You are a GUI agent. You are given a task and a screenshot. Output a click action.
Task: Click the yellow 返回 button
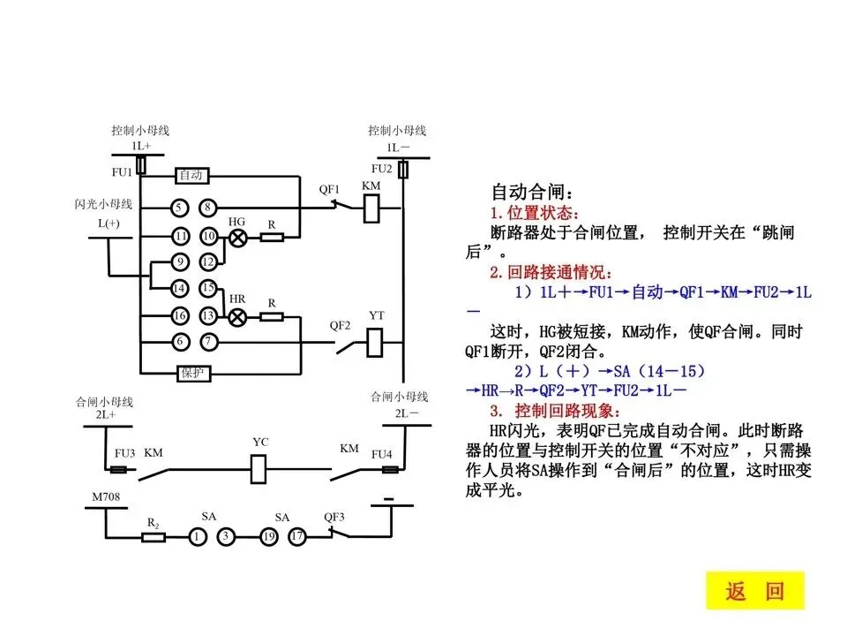(x=755, y=591)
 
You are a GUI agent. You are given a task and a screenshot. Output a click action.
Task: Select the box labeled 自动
(x=192, y=176)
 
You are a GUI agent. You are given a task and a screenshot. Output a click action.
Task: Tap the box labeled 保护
(x=192, y=373)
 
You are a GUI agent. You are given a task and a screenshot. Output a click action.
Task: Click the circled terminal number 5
(x=179, y=208)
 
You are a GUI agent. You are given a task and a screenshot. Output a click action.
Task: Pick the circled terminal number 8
(x=207, y=208)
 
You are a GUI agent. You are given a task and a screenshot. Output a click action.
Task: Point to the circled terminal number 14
(x=179, y=288)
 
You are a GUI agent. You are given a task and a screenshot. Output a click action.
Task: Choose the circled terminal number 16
(x=179, y=316)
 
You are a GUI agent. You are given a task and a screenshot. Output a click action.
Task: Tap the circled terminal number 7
(x=207, y=342)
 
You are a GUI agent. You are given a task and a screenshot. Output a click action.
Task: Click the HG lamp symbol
(x=236, y=237)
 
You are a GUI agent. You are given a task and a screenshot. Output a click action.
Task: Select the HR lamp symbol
(x=236, y=316)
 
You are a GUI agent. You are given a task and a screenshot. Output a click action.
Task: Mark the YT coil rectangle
(x=375, y=340)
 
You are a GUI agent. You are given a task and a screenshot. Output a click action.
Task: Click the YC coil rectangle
(x=259, y=468)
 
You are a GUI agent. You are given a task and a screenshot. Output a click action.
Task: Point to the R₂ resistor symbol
(x=154, y=536)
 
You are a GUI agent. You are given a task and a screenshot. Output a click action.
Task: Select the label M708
(x=107, y=499)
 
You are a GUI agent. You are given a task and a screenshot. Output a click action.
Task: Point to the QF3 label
(x=334, y=517)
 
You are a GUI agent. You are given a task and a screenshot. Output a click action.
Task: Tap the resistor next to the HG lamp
(x=272, y=237)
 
